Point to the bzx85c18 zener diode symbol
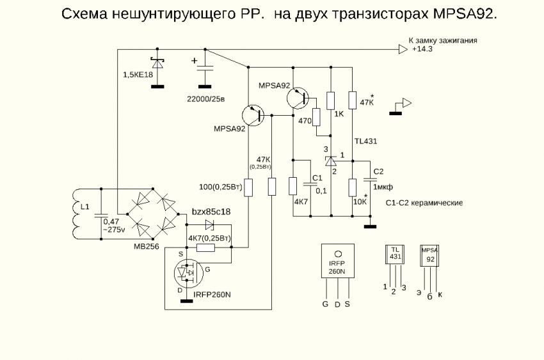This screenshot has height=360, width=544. point(210,224)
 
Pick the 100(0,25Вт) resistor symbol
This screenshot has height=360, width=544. point(249,187)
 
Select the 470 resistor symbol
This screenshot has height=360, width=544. point(316,117)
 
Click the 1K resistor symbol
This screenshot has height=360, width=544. point(331,100)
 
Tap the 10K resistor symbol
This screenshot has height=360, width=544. point(352,187)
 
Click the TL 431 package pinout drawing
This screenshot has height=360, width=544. point(396,254)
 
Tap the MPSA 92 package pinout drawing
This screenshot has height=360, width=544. point(430,254)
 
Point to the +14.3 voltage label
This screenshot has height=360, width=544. point(422,49)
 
